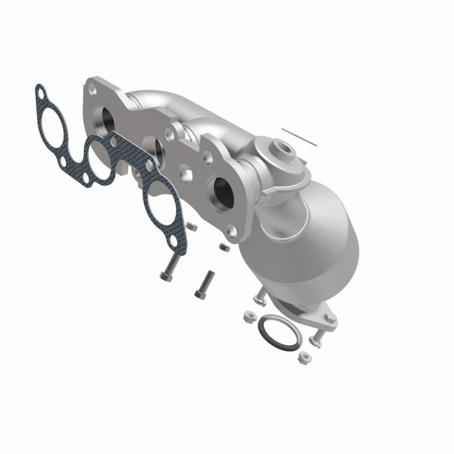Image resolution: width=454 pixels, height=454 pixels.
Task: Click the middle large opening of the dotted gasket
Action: [x=100, y=157]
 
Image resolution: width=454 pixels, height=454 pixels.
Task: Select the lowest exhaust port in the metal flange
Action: [x=221, y=194]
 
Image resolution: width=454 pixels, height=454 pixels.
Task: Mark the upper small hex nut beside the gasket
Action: [x=191, y=227]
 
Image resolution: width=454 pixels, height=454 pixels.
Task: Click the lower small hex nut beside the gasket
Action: [x=224, y=247]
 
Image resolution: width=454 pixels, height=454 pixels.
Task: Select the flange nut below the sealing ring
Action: [x=303, y=357]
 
